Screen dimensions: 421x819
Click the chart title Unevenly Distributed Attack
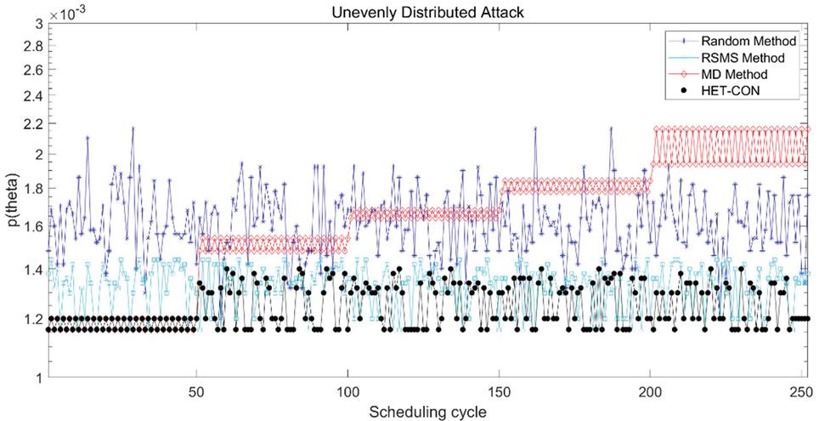[x=433, y=9]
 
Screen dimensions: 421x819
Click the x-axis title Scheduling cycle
[x=433, y=411]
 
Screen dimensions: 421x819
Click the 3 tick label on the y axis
[x=38, y=24]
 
